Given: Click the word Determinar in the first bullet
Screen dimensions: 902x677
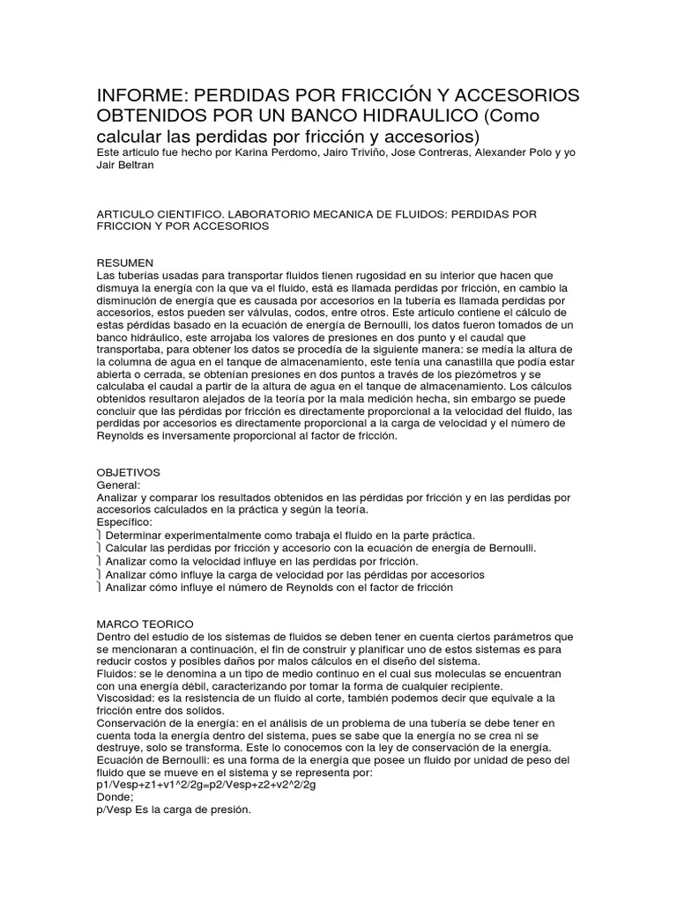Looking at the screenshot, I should tap(135, 535).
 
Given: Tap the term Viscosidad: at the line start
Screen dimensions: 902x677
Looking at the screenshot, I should tap(125, 699).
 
